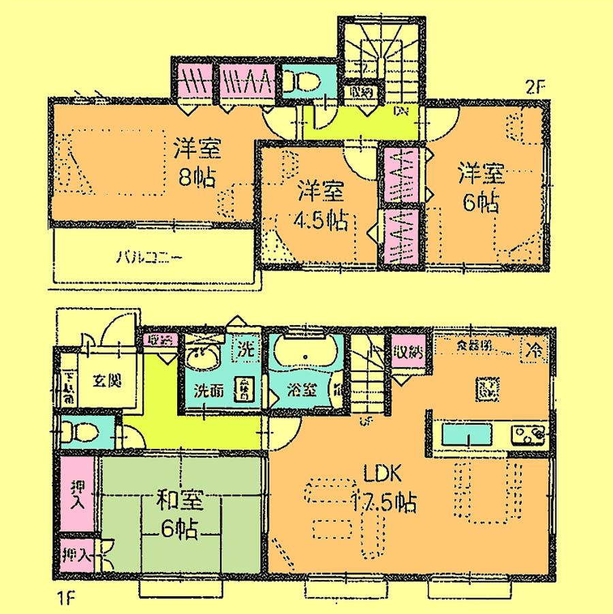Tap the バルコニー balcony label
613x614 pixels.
148,258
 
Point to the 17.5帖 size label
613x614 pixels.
383,504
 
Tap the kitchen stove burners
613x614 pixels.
529,433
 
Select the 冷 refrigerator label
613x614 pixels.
535,351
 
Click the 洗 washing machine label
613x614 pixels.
245,350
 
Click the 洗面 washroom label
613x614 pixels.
206,392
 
